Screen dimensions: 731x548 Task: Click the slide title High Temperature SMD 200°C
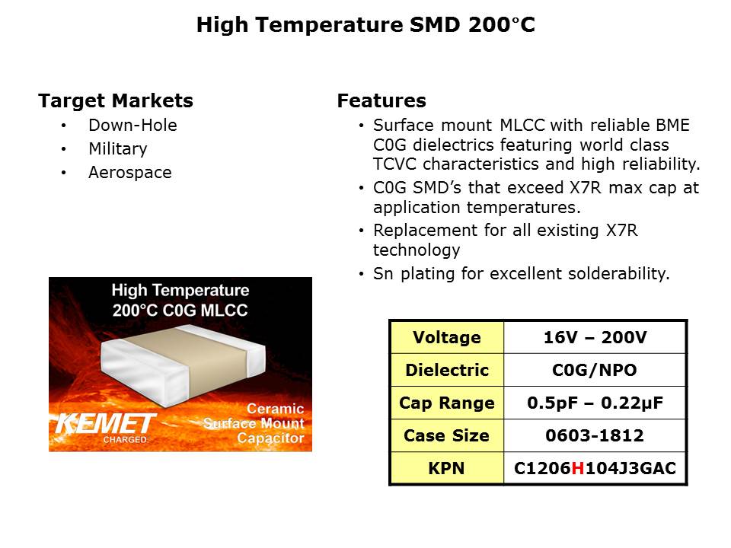click(365, 24)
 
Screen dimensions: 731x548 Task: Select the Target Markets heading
click(116, 100)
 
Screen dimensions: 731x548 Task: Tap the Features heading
click(381, 100)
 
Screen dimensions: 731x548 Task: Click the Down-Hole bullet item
click(132, 125)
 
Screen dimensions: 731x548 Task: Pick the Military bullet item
click(118, 148)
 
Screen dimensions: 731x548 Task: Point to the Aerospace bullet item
click(130, 173)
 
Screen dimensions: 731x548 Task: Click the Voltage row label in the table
click(447, 337)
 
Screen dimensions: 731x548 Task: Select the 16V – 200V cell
click(595, 337)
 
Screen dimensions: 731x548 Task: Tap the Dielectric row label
click(447, 370)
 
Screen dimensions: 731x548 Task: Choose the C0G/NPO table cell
click(595, 370)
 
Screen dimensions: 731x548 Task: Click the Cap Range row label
click(447, 403)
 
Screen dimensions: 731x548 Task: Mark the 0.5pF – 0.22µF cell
click(595, 403)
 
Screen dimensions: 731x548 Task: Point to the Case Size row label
click(447, 435)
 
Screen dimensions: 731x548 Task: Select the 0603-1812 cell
click(595, 435)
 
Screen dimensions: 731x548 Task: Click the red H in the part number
click(578, 468)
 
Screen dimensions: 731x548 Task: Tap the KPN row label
click(447, 468)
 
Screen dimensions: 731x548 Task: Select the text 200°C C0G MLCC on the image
click(180, 310)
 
